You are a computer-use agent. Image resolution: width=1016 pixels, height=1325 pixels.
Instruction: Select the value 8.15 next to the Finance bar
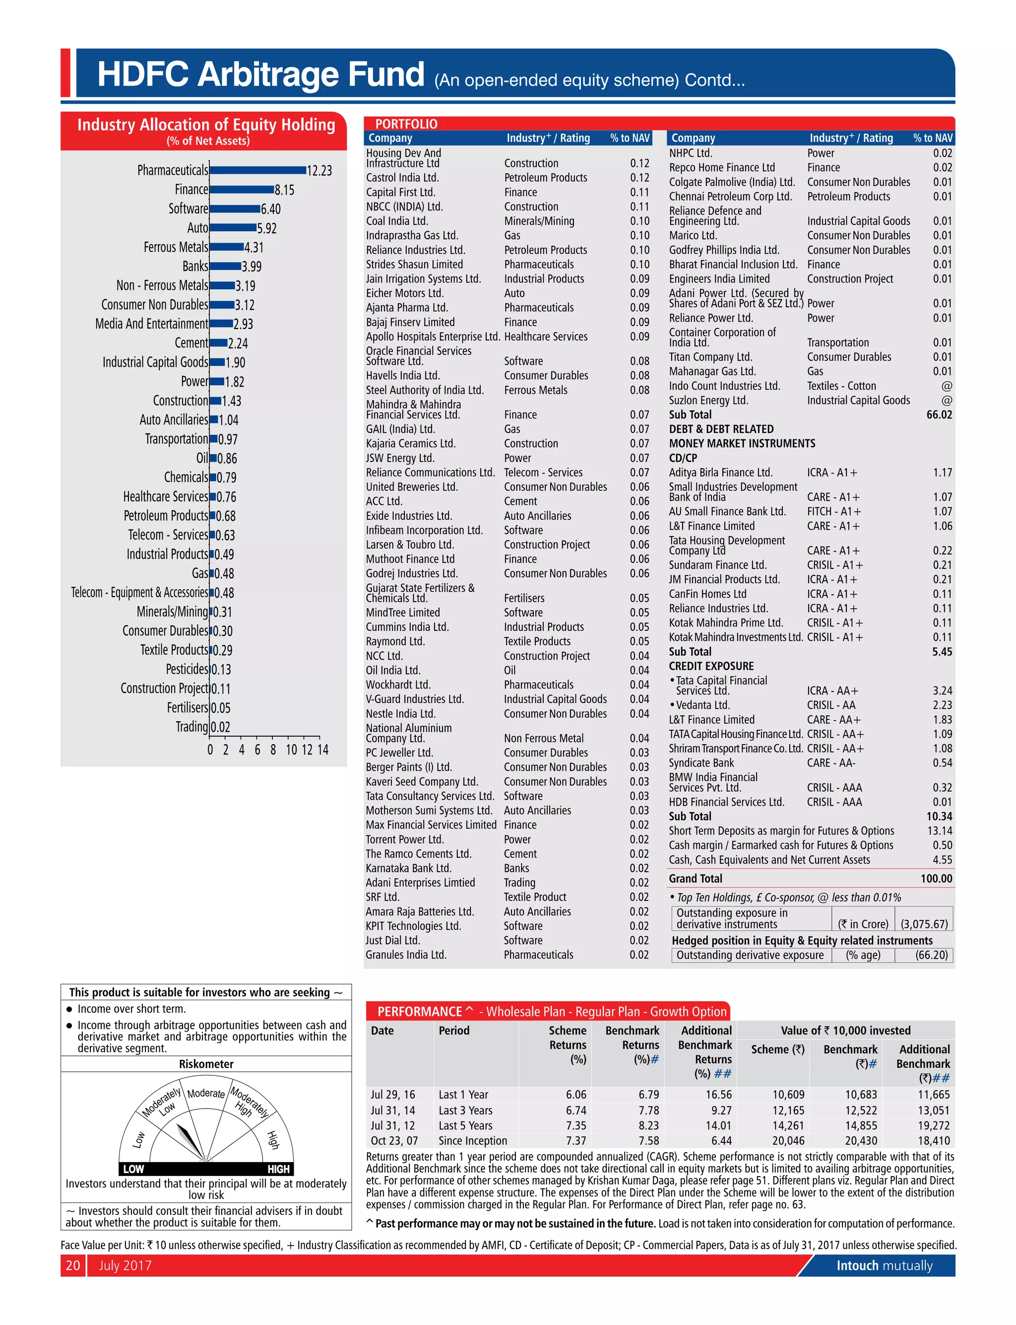click(284, 190)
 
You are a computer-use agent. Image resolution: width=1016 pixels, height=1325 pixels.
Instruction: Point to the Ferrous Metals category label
click(176, 247)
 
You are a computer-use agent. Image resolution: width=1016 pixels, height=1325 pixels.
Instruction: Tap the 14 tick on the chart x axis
click(323, 750)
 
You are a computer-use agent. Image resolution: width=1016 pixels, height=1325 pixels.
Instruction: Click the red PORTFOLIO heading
click(406, 124)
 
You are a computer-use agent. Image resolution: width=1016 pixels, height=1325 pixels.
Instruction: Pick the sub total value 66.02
click(939, 415)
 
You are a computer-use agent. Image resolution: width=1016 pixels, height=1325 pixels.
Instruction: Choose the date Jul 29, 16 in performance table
click(392, 1095)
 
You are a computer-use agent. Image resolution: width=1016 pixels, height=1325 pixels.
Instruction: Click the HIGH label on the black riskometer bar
click(278, 1169)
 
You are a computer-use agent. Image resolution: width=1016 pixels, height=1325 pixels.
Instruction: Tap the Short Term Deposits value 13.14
click(939, 831)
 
